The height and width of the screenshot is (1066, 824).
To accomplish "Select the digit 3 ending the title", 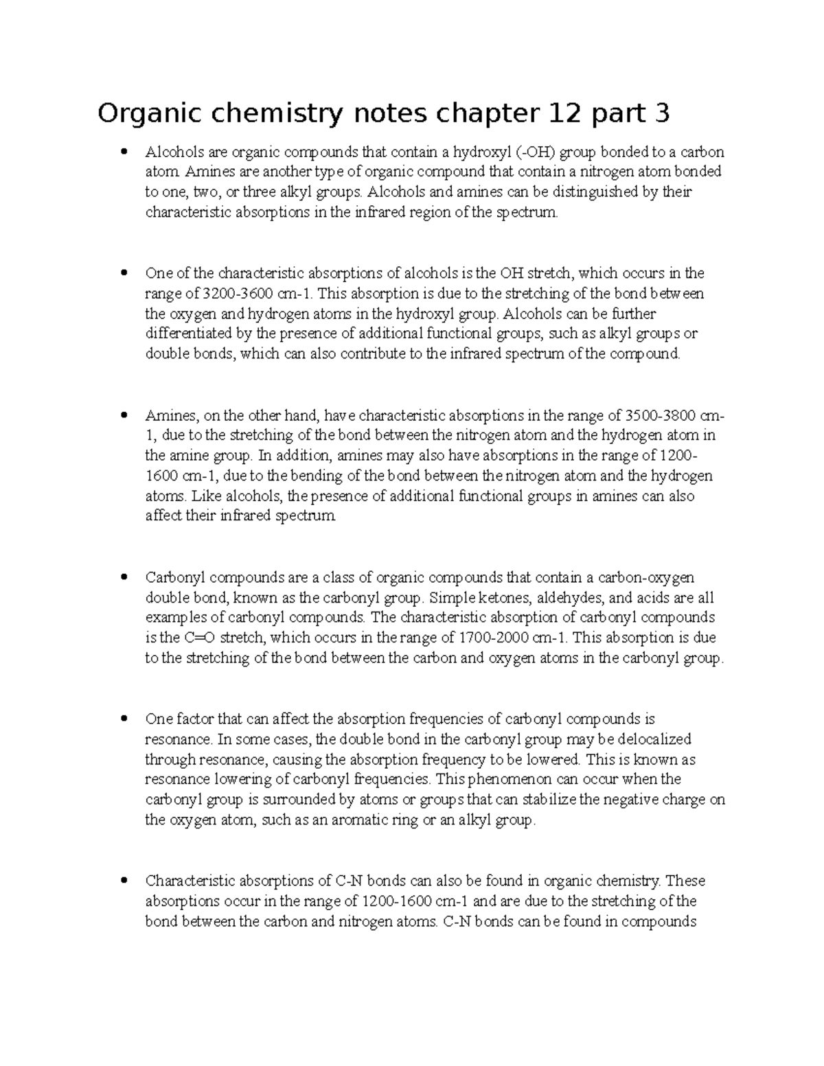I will (661, 114).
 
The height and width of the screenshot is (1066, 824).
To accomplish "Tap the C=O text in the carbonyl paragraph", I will (199, 638).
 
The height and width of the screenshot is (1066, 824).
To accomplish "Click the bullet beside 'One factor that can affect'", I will (124, 719).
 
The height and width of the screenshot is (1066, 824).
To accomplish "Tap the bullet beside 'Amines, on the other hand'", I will (124, 416).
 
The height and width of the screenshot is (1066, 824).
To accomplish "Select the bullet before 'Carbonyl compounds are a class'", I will (124, 577).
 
